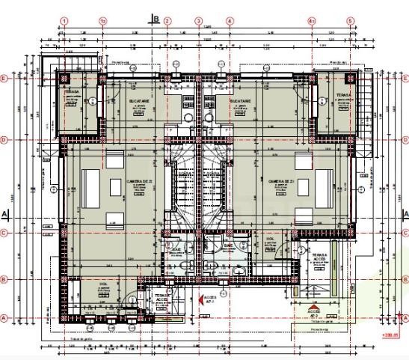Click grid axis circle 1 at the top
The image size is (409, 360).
pos(66,21)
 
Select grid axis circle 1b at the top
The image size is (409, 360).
pos(104,21)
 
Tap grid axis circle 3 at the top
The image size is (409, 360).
pos(199,21)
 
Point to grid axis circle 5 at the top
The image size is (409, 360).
pos(350,21)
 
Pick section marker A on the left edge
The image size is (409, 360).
pos(5,214)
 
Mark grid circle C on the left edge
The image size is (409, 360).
pos(5,233)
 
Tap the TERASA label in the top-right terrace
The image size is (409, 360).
pos(343,95)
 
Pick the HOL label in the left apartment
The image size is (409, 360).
pos(102,285)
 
